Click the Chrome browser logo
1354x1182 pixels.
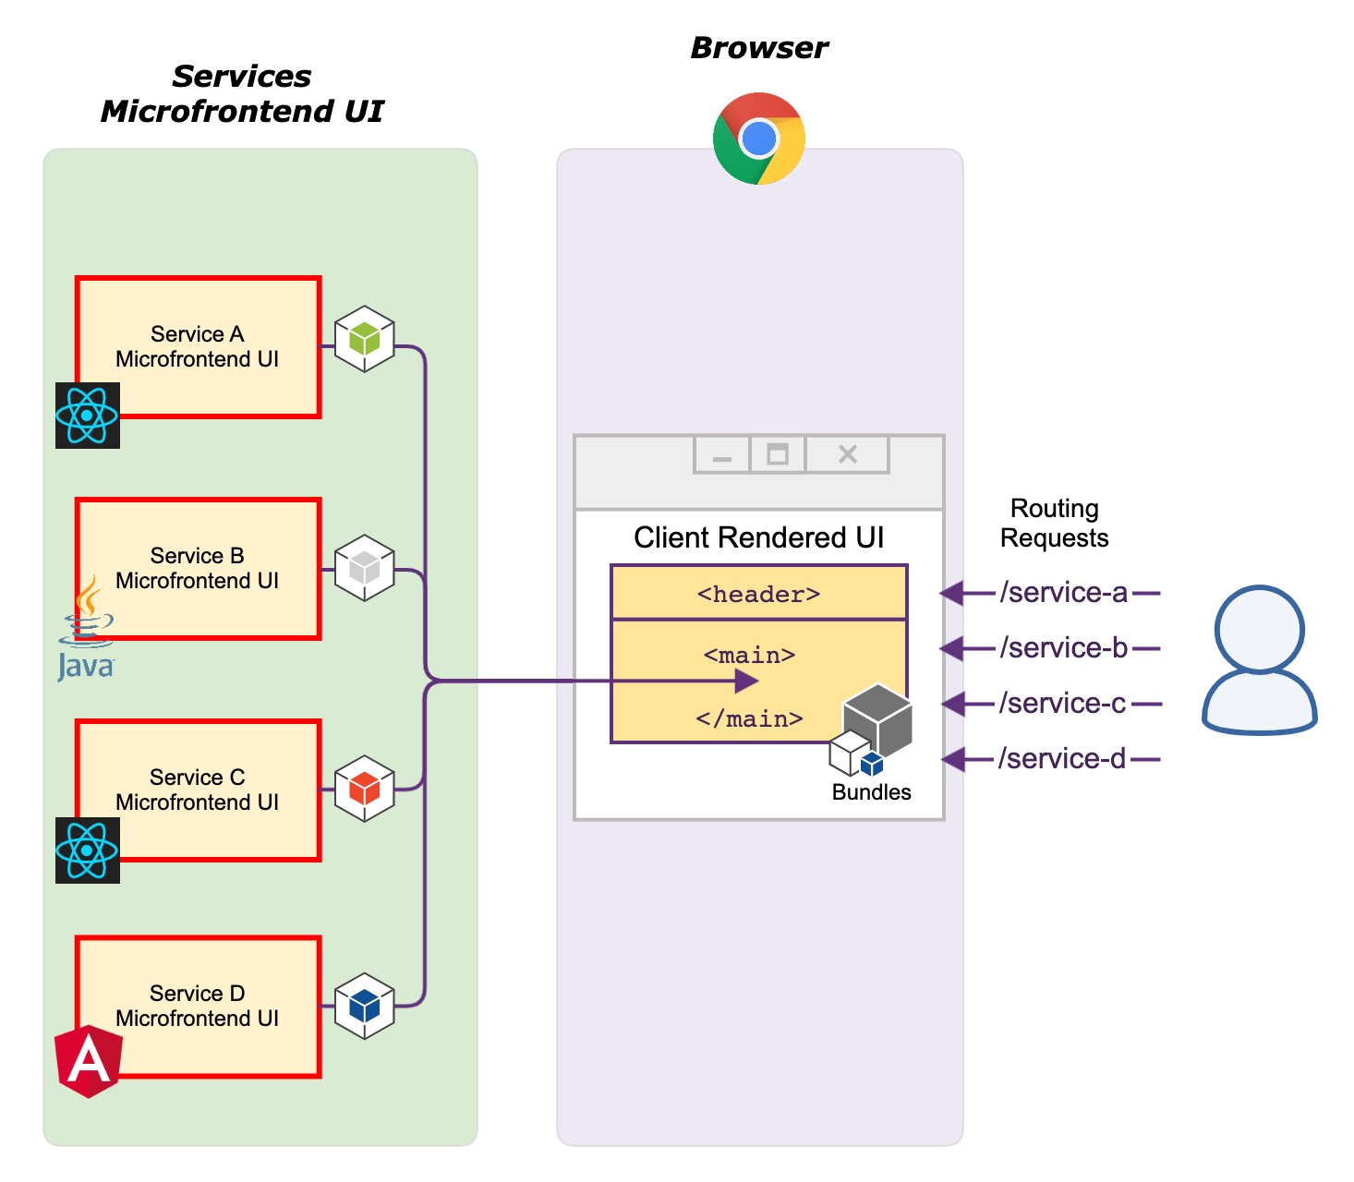[759, 139]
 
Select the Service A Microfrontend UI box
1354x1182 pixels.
[198, 346]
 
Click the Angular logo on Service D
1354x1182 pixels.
[89, 1061]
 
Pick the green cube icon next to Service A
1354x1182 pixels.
[365, 339]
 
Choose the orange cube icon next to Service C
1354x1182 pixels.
[365, 789]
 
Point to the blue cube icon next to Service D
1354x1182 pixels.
[365, 1006]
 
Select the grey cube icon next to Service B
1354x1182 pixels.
[365, 568]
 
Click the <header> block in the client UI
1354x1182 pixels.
[759, 593]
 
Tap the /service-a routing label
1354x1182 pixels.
[1064, 592]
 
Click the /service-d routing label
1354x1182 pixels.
[1062, 758]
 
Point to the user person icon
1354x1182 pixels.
[1259, 659]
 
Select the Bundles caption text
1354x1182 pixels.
[871, 792]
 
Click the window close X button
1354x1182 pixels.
[848, 454]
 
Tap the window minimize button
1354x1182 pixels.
[722, 454]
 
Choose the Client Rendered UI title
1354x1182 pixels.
[759, 537]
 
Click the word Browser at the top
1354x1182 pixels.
[759, 48]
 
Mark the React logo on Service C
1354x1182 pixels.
[88, 850]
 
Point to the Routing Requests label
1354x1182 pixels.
[1055, 523]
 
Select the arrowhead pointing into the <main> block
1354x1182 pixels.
[746, 681]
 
